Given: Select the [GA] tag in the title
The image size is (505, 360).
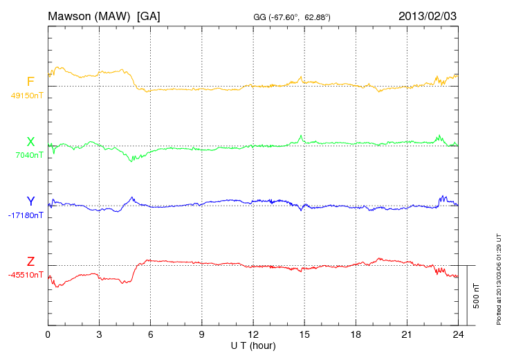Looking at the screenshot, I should tap(149, 15).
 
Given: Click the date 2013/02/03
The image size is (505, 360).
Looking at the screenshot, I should tap(427, 15).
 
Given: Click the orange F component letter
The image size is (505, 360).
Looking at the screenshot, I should tap(30, 82).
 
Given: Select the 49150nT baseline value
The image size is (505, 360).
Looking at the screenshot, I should tap(27, 96).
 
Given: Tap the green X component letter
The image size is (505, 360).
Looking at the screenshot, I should tap(30, 142).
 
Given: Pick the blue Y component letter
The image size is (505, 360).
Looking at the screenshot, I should tap(30, 201).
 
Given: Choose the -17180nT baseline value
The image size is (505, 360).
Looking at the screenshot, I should tap(26, 215).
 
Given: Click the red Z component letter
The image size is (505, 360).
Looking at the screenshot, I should tap(30, 261).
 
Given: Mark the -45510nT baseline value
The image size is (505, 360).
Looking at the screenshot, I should tap(26, 275).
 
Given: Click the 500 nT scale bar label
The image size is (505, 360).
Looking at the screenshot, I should tap(477, 295).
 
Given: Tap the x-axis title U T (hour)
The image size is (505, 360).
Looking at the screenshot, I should tap(253, 345).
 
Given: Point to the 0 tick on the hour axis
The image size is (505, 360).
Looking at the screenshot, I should tap(48, 334).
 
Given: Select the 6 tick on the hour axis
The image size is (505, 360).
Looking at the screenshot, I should tap(151, 334).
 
